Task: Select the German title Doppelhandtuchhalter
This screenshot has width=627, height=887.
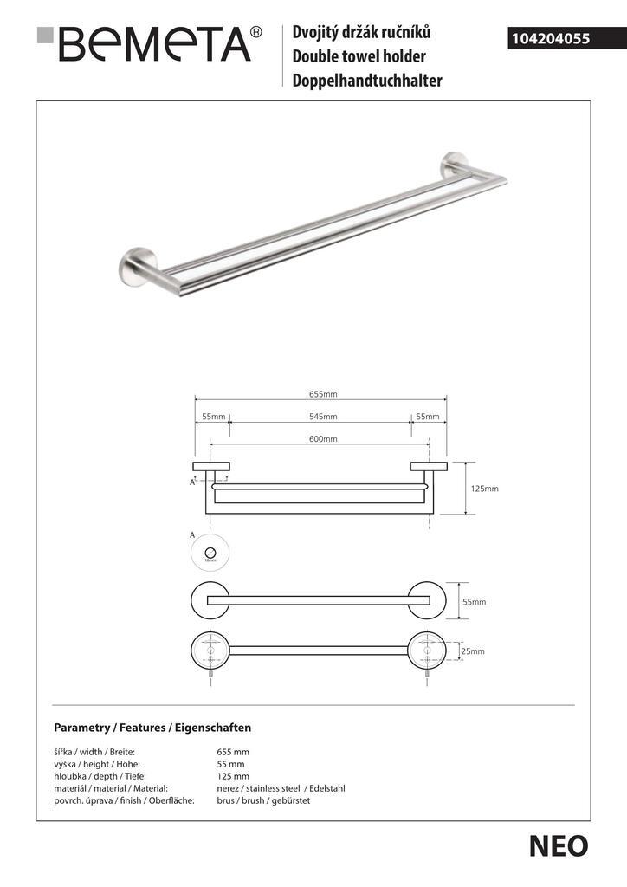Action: point(368,81)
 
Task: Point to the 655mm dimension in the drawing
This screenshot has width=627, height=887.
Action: point(322,394)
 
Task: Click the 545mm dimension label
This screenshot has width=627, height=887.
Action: point(322,417)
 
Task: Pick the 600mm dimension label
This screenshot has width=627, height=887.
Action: point(322,439)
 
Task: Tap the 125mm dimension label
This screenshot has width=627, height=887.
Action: point(484,489)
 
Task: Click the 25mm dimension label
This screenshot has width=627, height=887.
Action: point(472,651)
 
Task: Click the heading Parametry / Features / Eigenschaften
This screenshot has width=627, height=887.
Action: point(152,728)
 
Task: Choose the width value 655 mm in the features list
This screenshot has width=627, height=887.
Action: point(232,752)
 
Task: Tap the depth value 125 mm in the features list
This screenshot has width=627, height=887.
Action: point(232,776)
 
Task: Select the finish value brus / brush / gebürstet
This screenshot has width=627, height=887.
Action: point(263,800)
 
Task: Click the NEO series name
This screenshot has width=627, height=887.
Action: point(559,846)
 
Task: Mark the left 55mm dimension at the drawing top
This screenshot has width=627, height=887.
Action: point(213,417)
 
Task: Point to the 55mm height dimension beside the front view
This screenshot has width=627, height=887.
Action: point(474,601)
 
